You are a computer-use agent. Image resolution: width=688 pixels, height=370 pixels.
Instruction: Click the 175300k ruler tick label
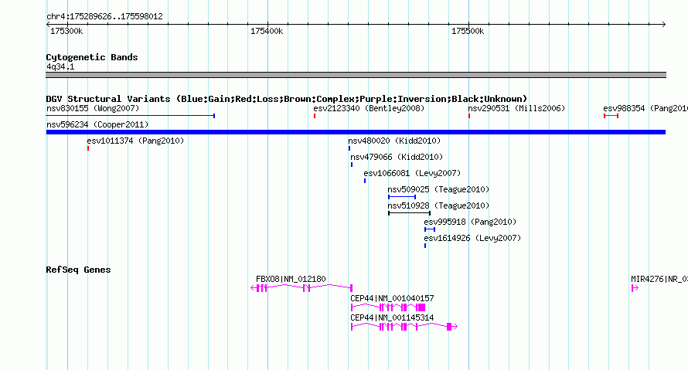pos(66,31)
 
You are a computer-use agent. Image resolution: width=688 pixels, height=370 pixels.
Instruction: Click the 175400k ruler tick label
pos(267,31)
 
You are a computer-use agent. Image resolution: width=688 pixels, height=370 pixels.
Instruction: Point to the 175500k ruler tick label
pos(468,31)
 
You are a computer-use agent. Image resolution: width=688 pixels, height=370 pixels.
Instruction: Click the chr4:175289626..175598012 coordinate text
pos(104,17)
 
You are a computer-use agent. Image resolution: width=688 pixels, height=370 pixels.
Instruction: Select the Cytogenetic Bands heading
pos(92,57)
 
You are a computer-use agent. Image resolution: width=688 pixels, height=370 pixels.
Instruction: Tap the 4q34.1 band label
pos(60,66)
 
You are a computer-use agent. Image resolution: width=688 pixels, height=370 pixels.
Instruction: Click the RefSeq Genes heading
pos(78,270)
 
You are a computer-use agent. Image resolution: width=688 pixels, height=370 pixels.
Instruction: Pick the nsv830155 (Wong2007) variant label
pos(93,108)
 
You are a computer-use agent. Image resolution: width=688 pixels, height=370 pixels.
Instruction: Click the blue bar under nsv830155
pos(131,116)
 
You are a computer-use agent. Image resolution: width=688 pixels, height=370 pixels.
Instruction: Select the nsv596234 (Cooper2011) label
pos(97,124)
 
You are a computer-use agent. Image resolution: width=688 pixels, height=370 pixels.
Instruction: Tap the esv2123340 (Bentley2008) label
pos(369,108)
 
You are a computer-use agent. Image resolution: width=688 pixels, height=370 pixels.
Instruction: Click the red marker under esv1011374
pos(88,148)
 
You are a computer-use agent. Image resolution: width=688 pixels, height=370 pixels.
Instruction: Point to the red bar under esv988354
pos(611,116)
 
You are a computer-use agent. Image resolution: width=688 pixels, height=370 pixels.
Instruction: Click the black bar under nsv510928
pos(410,213)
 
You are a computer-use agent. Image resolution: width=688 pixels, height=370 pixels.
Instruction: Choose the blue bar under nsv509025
pos(402,197)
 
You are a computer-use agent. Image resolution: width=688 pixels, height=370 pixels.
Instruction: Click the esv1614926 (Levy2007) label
pos(472,238)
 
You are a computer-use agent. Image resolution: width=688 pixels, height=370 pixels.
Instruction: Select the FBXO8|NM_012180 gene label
pos(291,279)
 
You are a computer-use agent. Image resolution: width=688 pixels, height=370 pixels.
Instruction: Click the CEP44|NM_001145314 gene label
pos(392,317)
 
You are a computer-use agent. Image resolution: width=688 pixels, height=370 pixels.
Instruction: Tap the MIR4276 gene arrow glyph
pos(635,288)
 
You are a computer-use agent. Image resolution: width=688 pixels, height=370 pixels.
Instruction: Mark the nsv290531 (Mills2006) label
pos(516,108)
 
